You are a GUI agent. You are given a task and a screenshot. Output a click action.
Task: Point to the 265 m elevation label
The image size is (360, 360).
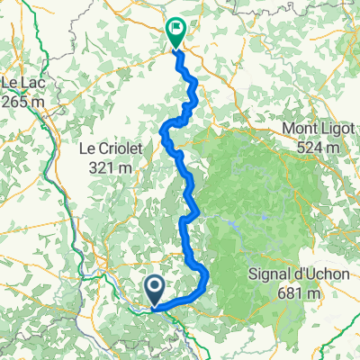coord(23,102)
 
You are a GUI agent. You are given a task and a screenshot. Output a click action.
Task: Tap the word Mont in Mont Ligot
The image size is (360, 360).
coord(301,129)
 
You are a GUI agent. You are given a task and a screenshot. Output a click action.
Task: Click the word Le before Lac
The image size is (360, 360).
coord(11,84)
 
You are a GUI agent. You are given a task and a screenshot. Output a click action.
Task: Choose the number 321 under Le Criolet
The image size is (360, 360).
coord(100,167)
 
